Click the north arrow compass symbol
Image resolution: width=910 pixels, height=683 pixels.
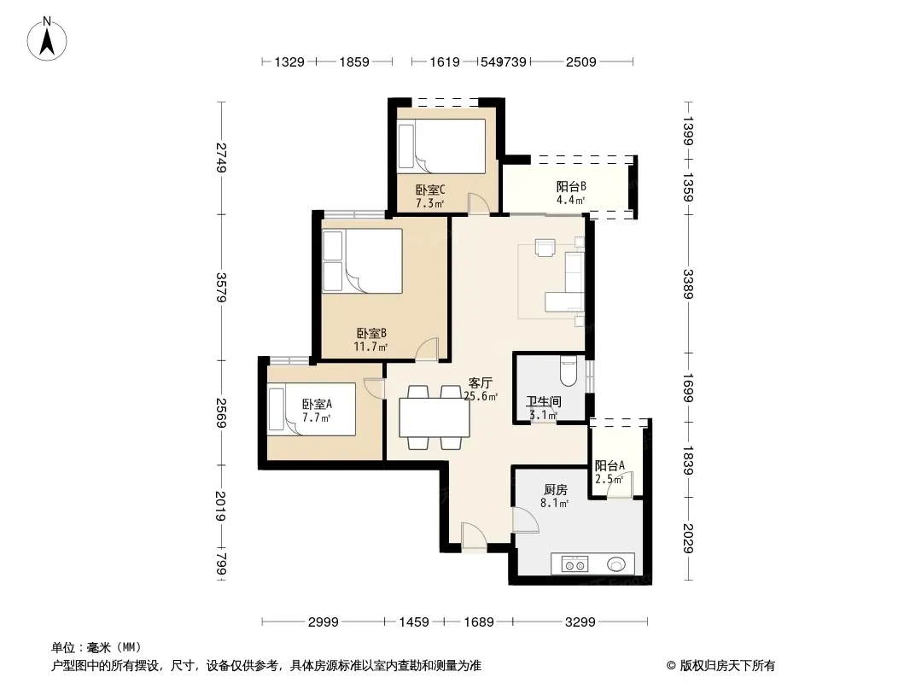click(x=47, y=38)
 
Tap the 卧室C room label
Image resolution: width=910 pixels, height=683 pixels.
click(x=430, y=190)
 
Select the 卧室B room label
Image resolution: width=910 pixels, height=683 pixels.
click(x=371, y=333)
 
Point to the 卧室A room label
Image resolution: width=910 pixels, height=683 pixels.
click(x=317, y=404)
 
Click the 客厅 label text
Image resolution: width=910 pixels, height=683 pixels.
click(x=481, y=383)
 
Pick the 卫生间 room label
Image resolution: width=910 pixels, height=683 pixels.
click(x=544, y=401)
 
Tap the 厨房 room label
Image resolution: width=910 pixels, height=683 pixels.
click(x=556, y=490)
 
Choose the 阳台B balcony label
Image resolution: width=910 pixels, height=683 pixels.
click(x=571, y=186)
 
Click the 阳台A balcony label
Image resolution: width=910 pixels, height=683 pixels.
click(x=610, y=465)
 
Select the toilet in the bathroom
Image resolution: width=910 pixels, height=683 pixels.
click(x=569, y=371)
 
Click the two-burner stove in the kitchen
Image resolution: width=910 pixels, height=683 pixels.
click(x=575, y=564)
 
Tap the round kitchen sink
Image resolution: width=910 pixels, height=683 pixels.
click(x=616, y=564)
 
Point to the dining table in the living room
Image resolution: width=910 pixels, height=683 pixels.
click(x=435, y=417)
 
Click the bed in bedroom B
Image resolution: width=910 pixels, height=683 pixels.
click(x=362, y=260)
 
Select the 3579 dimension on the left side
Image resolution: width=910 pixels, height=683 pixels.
click(x=220, y=287)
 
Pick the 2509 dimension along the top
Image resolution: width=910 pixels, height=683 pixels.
click(x=581, y=61)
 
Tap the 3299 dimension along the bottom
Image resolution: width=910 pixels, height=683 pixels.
click(x=580, y=622)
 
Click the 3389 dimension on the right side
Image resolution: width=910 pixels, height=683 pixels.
click(x=688, y=283)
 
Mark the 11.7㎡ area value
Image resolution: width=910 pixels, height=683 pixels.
click(x=370, y=347)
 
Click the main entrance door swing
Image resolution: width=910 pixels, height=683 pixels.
click(x=474, y=535)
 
